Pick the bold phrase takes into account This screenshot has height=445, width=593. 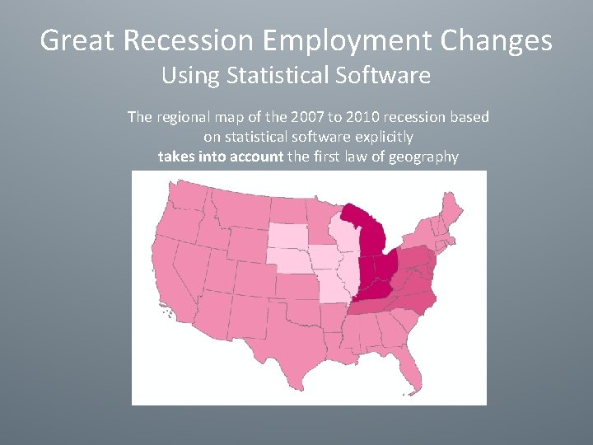(x=220, y=156)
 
